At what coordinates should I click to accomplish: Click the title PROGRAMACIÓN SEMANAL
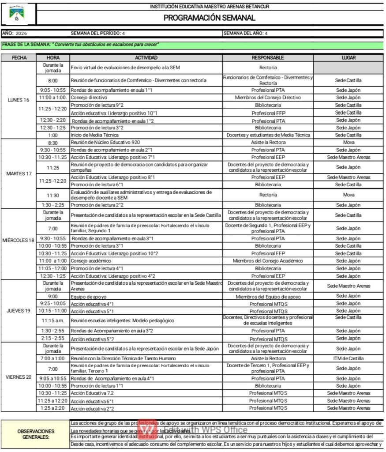tap(210, 18)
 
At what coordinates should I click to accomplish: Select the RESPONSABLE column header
tap(268, 58)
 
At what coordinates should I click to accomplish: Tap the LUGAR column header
tap(349, 58)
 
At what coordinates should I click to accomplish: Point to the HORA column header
tap(53, 58)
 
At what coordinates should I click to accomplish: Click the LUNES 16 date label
tap(19, 100)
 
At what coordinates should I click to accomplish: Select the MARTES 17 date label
tap(19, 173)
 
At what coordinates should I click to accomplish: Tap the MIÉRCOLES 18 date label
tap(19, 240)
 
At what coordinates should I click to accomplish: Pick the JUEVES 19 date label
tap(19, 311)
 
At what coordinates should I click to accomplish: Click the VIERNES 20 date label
tap(19, 377)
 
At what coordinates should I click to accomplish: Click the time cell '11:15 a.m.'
tap(53, 320)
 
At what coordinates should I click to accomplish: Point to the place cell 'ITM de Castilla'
tap(349, 358)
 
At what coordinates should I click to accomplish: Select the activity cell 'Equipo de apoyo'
tap(89, 297)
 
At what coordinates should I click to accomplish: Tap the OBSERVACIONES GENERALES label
tap(36, 434)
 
